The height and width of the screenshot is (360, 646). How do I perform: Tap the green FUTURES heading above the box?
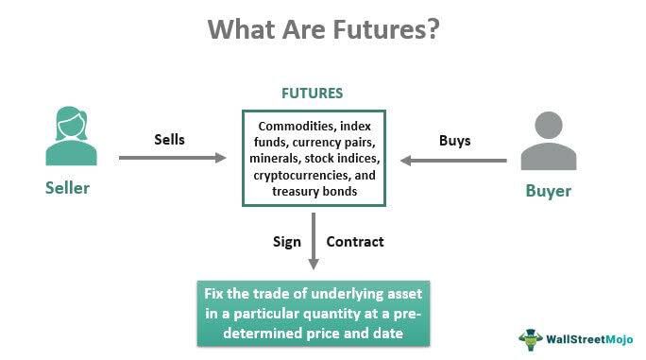click(312, 94)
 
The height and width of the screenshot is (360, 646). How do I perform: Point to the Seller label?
click(67, 187)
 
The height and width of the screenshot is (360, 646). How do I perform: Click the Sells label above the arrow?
click(169, 140)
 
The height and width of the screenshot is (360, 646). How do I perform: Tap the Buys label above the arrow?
click(454, 140)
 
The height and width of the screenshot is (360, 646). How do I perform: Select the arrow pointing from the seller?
click(174, 158)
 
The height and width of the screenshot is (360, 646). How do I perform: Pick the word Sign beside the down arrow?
click(287, 242)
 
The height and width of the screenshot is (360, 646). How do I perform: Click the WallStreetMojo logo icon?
click(530, 338)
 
